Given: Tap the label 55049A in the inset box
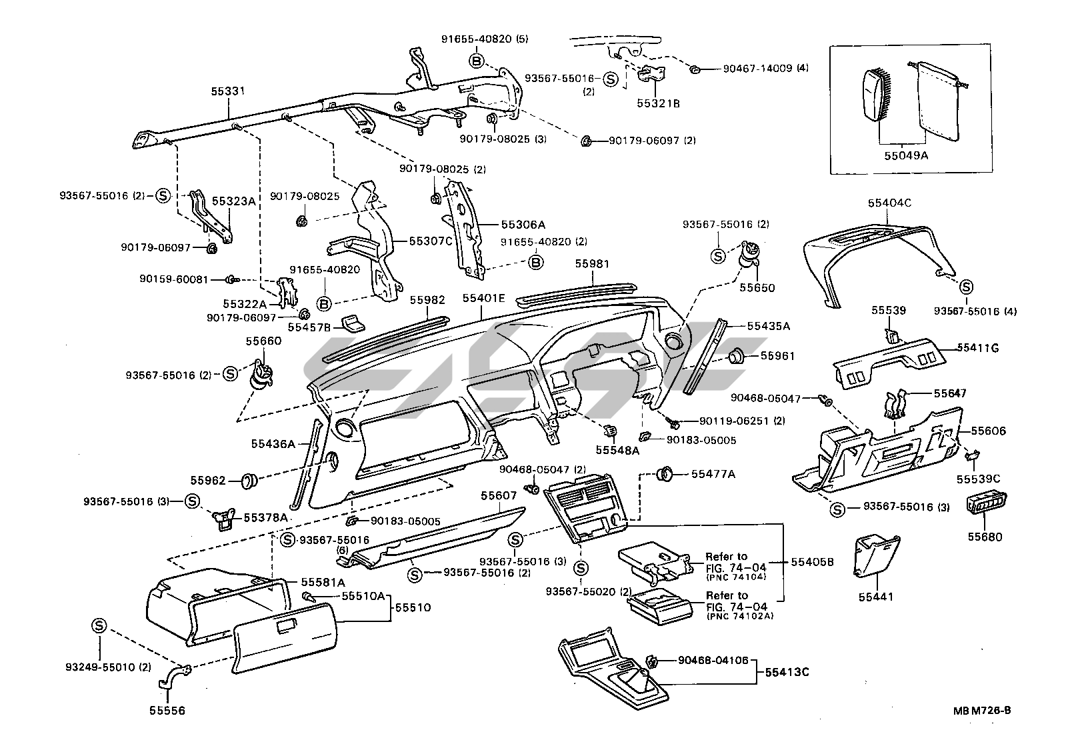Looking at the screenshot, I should pos(906,155).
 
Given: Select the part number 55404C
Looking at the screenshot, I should pos(889,202).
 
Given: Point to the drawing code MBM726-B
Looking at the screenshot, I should pos(981,711).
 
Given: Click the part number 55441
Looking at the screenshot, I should pos(877,597).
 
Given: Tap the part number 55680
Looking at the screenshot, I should pos(986,536).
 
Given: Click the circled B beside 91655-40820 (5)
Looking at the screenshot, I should pos(477,61).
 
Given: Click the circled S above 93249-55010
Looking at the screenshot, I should pos(99,625).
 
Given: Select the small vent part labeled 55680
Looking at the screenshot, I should pos(986,506).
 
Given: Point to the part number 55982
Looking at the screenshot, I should pos(427,301).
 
